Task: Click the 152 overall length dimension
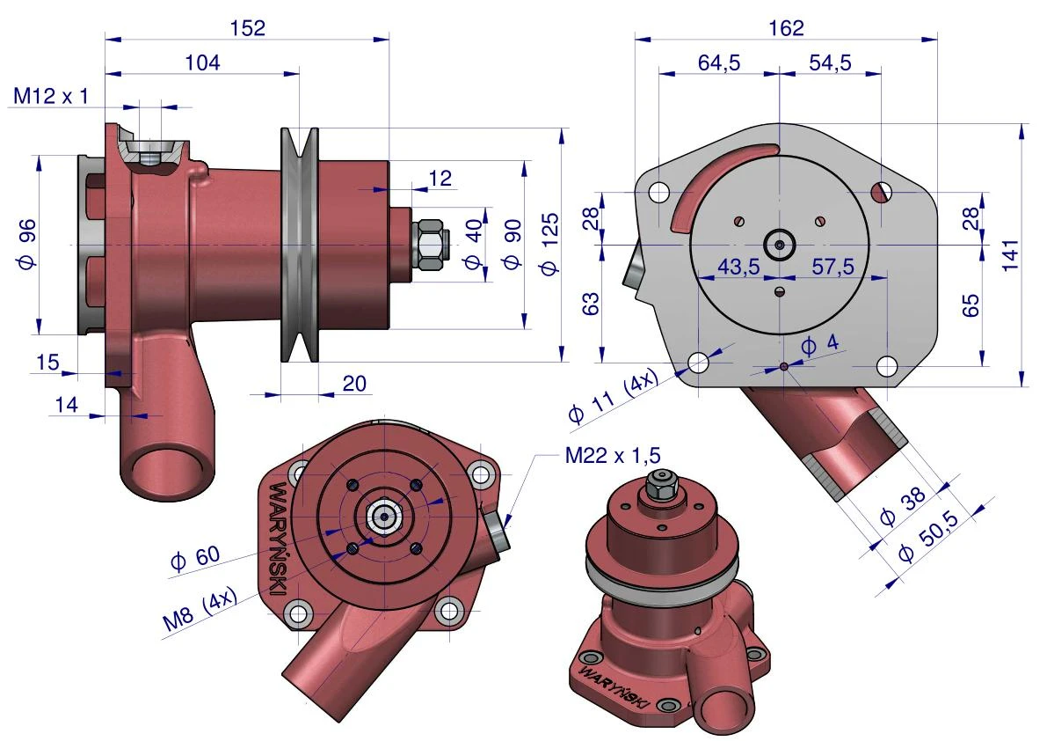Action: [x=248, y=28]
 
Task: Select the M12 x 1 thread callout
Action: [x=51, y=96]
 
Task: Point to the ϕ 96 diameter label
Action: [x=27, y=245]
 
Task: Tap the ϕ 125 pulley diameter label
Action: [x=549, y=245]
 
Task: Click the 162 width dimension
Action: [x=786, y=28]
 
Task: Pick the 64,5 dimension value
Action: [x=719, y=62]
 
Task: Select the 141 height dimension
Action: [x=1010, y=254]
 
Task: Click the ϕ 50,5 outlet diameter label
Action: [x=929, y=536]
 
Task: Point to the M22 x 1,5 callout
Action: [x=613, y=456]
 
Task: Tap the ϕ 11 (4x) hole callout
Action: [x=613, y=395]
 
